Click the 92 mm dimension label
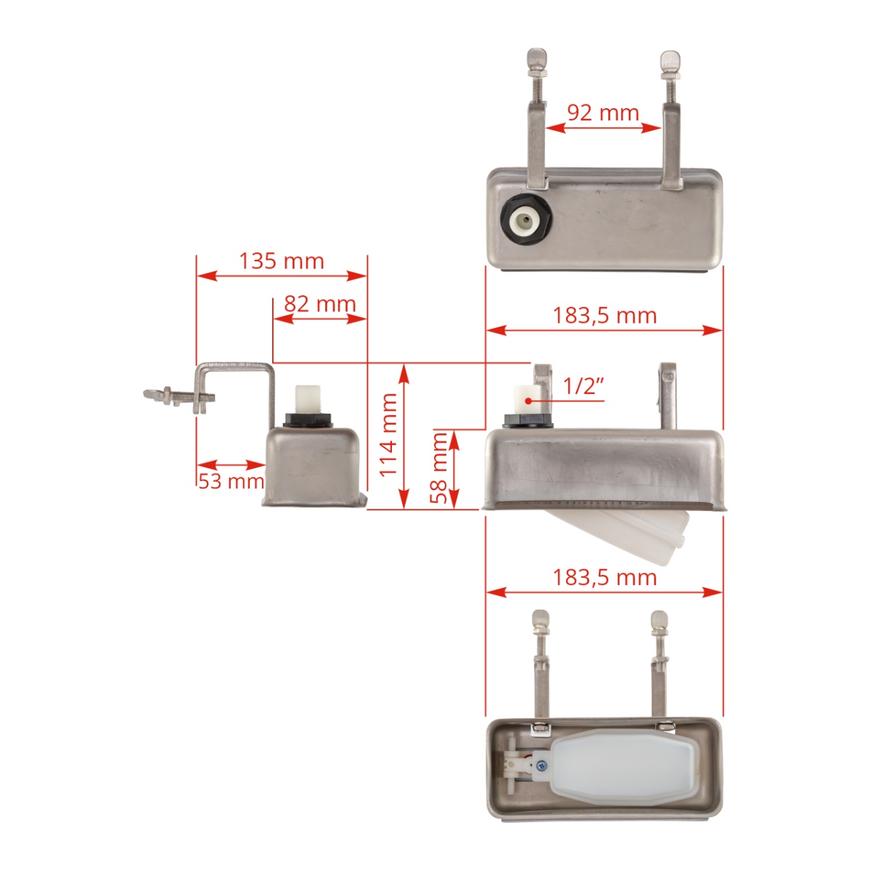602,113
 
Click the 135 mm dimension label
282,261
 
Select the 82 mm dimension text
319,303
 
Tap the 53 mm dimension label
230,481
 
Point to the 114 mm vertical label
389,435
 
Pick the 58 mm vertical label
439,467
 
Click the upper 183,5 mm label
604,315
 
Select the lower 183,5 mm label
604,577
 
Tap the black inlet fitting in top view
526,219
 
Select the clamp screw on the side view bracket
178,396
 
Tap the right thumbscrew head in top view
668,58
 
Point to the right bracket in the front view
668,396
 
